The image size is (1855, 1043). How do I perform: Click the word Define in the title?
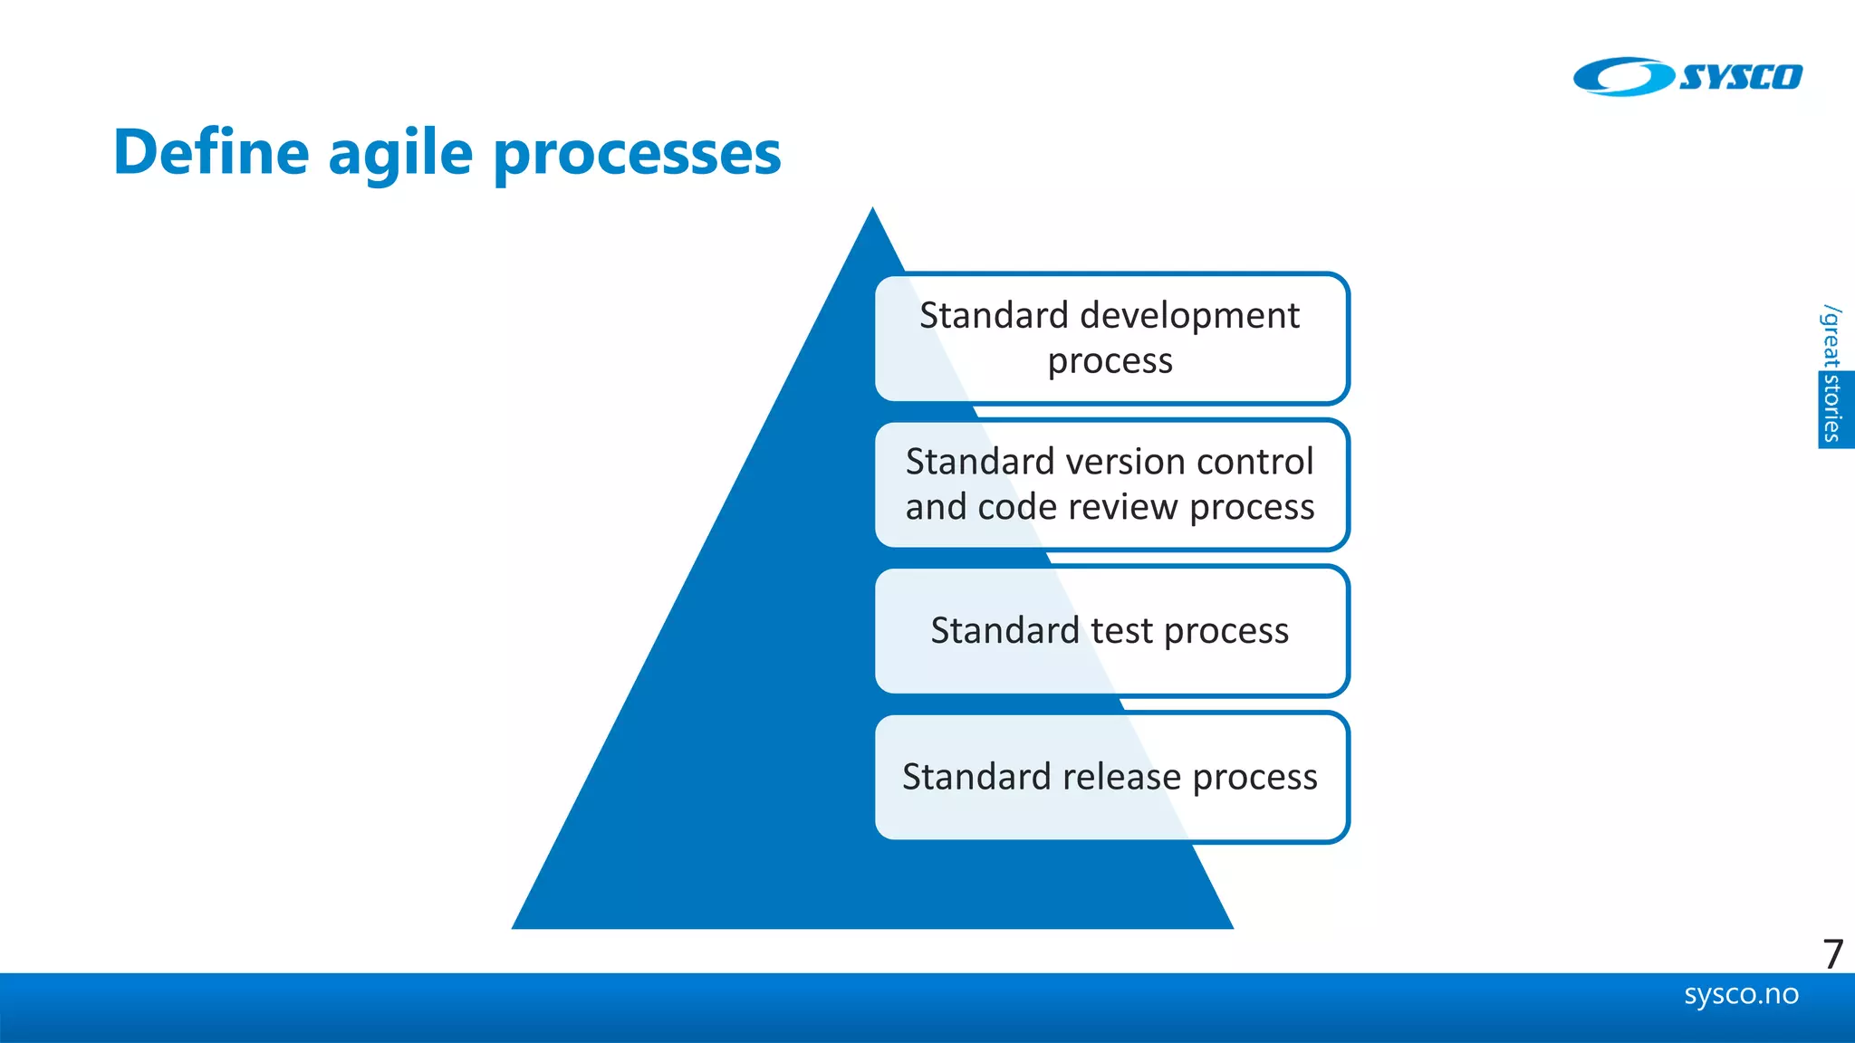211,152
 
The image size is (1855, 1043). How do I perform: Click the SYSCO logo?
1687,77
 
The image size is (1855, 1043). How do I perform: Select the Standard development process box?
1111,338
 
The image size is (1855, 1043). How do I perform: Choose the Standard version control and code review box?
1111,484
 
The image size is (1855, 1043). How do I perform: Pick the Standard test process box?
1111,631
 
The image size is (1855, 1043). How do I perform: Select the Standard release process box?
1111,778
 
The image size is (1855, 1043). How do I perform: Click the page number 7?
1832,954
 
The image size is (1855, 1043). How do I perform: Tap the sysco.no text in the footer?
1741,994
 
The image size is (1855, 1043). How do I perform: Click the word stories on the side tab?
1833,409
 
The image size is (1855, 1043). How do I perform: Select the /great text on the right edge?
1831,337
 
